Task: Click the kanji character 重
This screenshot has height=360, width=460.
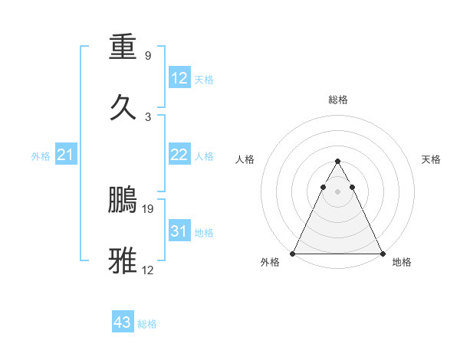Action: pos(123,47)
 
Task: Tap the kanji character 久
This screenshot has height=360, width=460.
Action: pos(123,106)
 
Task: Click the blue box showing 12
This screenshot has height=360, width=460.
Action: pos(179,78)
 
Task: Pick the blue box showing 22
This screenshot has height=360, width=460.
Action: pos(179,155)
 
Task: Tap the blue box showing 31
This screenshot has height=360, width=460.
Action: pos(179,231)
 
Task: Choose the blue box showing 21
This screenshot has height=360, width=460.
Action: pos(66,155)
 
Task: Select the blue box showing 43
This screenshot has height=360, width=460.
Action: pos(123,322)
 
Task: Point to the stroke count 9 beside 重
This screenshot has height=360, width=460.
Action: pos(147,55)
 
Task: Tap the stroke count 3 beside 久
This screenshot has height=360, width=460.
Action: pos(147,116)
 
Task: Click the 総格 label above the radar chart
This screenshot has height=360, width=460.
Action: pos(338,100)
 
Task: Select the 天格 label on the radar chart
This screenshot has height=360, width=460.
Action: pos(432,159)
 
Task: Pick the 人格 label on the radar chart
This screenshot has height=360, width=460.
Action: pos(245,159)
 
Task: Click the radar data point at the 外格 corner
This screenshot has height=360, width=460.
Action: pos(293,254)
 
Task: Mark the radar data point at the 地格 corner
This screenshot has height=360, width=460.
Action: pos(383,254)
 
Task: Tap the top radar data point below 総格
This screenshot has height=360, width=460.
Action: pos(337,162)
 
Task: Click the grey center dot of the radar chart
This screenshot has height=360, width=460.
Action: pos(337,191)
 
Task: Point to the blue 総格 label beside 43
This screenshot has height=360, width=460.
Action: pos(147,324)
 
